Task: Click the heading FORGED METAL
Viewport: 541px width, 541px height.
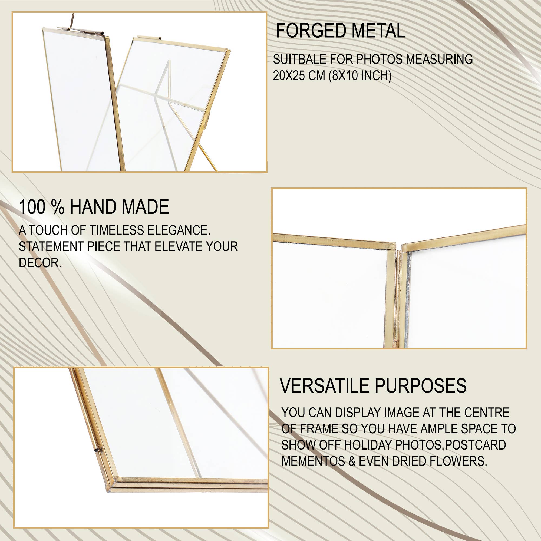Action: click(340, 31)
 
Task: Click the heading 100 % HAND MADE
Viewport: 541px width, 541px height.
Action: click(94, 207)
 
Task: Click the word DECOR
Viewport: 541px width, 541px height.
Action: click(40, 263)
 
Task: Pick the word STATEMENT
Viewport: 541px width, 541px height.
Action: click(51, 247)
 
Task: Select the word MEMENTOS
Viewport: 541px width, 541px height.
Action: click(313, 461)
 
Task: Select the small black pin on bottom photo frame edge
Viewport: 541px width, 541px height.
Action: click(97, 451)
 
